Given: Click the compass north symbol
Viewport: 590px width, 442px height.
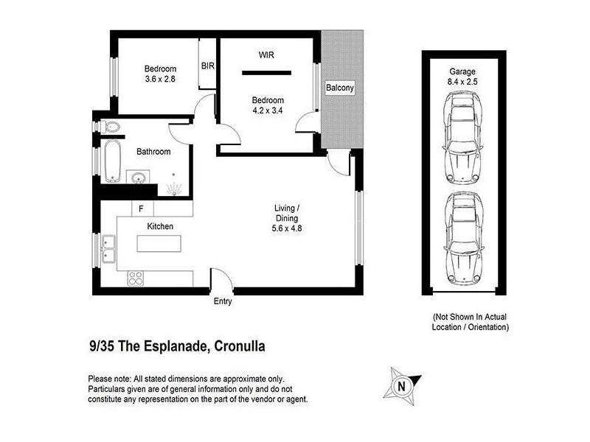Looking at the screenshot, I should pyautogui.click(x=401, y=385).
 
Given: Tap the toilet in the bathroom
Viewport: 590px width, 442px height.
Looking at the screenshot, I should pyautogui.click(x=111, y=127).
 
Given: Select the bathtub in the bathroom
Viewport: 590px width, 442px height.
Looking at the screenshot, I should pyautogui.click(x=111, y=161).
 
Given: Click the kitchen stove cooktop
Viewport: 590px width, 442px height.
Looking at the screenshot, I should pyautogui.click(x=136, y=278).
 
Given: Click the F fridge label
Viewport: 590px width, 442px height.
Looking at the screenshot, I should pyautogui.click(x=140, y=209).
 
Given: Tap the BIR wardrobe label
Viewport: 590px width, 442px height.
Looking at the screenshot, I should pyautogui.click(x=207, y=66).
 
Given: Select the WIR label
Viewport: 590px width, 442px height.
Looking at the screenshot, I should pyautogui.click(x=266, y=55).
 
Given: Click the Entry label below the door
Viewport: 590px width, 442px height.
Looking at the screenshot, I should pyautogui.click(x=223, y=302).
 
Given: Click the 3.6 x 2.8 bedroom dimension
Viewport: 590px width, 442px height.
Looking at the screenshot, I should pyautogui.click(x=159, y=80).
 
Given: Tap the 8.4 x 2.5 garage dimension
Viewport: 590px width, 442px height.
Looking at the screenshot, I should pyautogui.click(x=462, y=82).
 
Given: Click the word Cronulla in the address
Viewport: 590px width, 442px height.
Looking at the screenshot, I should pyautogui.click(x=239, y=345).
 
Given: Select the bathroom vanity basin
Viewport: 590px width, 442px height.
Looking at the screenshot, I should pyautogui.click(x=137, y=178).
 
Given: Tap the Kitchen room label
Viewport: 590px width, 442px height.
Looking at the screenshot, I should pyautogui.click(x=160, y=226).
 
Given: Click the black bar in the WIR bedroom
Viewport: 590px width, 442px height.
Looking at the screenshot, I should pyautogui.click(x=266, y=71).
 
